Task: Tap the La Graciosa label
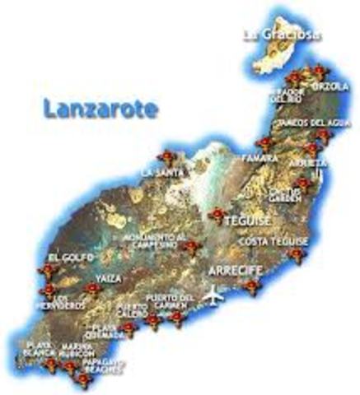tap(282, 35)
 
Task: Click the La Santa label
tap(157, 172)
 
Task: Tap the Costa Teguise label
tap(273, 241)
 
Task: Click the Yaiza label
tap(108, 279)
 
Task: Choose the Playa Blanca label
tap(40, 349)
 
